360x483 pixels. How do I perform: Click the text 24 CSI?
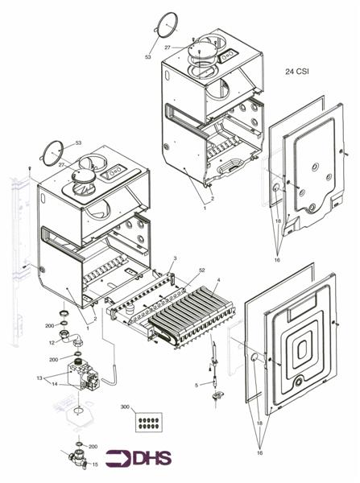point(297,72)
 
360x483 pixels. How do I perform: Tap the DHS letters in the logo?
point(152,458)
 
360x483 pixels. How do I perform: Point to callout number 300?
point(125,407)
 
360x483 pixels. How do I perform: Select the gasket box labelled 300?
point(148,422)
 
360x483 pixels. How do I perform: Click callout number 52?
point(202,270)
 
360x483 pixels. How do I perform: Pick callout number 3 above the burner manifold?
point(175,258)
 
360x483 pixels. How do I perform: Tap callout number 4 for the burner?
point(218,279)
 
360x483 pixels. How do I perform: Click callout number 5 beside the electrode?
point(197,385)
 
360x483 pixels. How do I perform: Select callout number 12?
point(52,343)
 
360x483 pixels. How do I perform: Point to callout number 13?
point(39,378)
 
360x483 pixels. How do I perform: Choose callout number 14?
point(54,384)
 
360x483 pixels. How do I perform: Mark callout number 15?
point(95,464)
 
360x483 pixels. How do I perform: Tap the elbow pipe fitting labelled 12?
point(70,337)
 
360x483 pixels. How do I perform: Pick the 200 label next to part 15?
point(93,447)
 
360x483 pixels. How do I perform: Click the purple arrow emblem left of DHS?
point(118,458)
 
